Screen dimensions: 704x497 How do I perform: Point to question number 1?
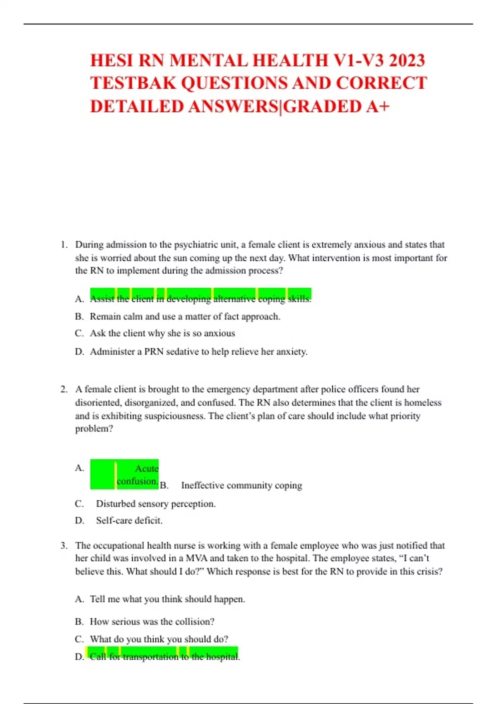(x=64, y=245)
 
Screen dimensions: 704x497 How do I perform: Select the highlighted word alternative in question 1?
(x=234, y=299)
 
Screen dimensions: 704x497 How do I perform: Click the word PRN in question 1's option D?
(x=154, y=352)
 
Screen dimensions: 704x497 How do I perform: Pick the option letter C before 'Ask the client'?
(x=79, y=334)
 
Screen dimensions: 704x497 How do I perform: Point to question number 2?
(x=64, y=389)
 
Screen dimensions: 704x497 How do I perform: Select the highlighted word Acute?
(x=147, y=468)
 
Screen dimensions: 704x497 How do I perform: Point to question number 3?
(x=64, y=545)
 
